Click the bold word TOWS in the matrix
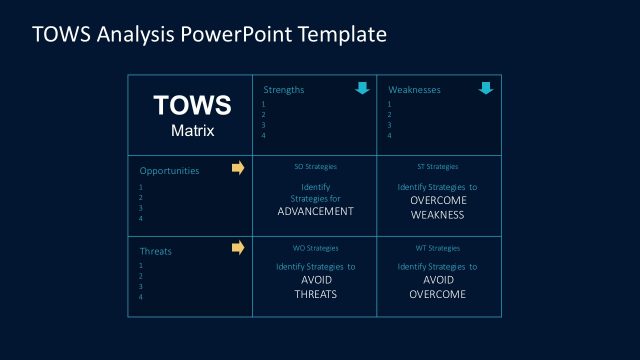[191, 106]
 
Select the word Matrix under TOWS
[192, 129]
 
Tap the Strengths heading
[284, 90]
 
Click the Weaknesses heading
[414, 90]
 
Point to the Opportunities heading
[169, 170]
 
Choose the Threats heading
[154, 250]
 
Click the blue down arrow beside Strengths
[362, 89]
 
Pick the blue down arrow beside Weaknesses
[486, 89]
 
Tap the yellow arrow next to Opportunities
[238, 168]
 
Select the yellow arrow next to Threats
[238, 247]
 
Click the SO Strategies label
[315, 166]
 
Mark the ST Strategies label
[437, 166]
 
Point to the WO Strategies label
[315, 248]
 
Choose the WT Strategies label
[437, 248]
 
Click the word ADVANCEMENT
[315, 212]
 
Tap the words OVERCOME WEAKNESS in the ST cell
[437, 206]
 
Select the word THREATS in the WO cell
[315, 295]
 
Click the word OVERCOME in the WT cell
[437, 295]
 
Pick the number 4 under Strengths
[264, 136]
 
